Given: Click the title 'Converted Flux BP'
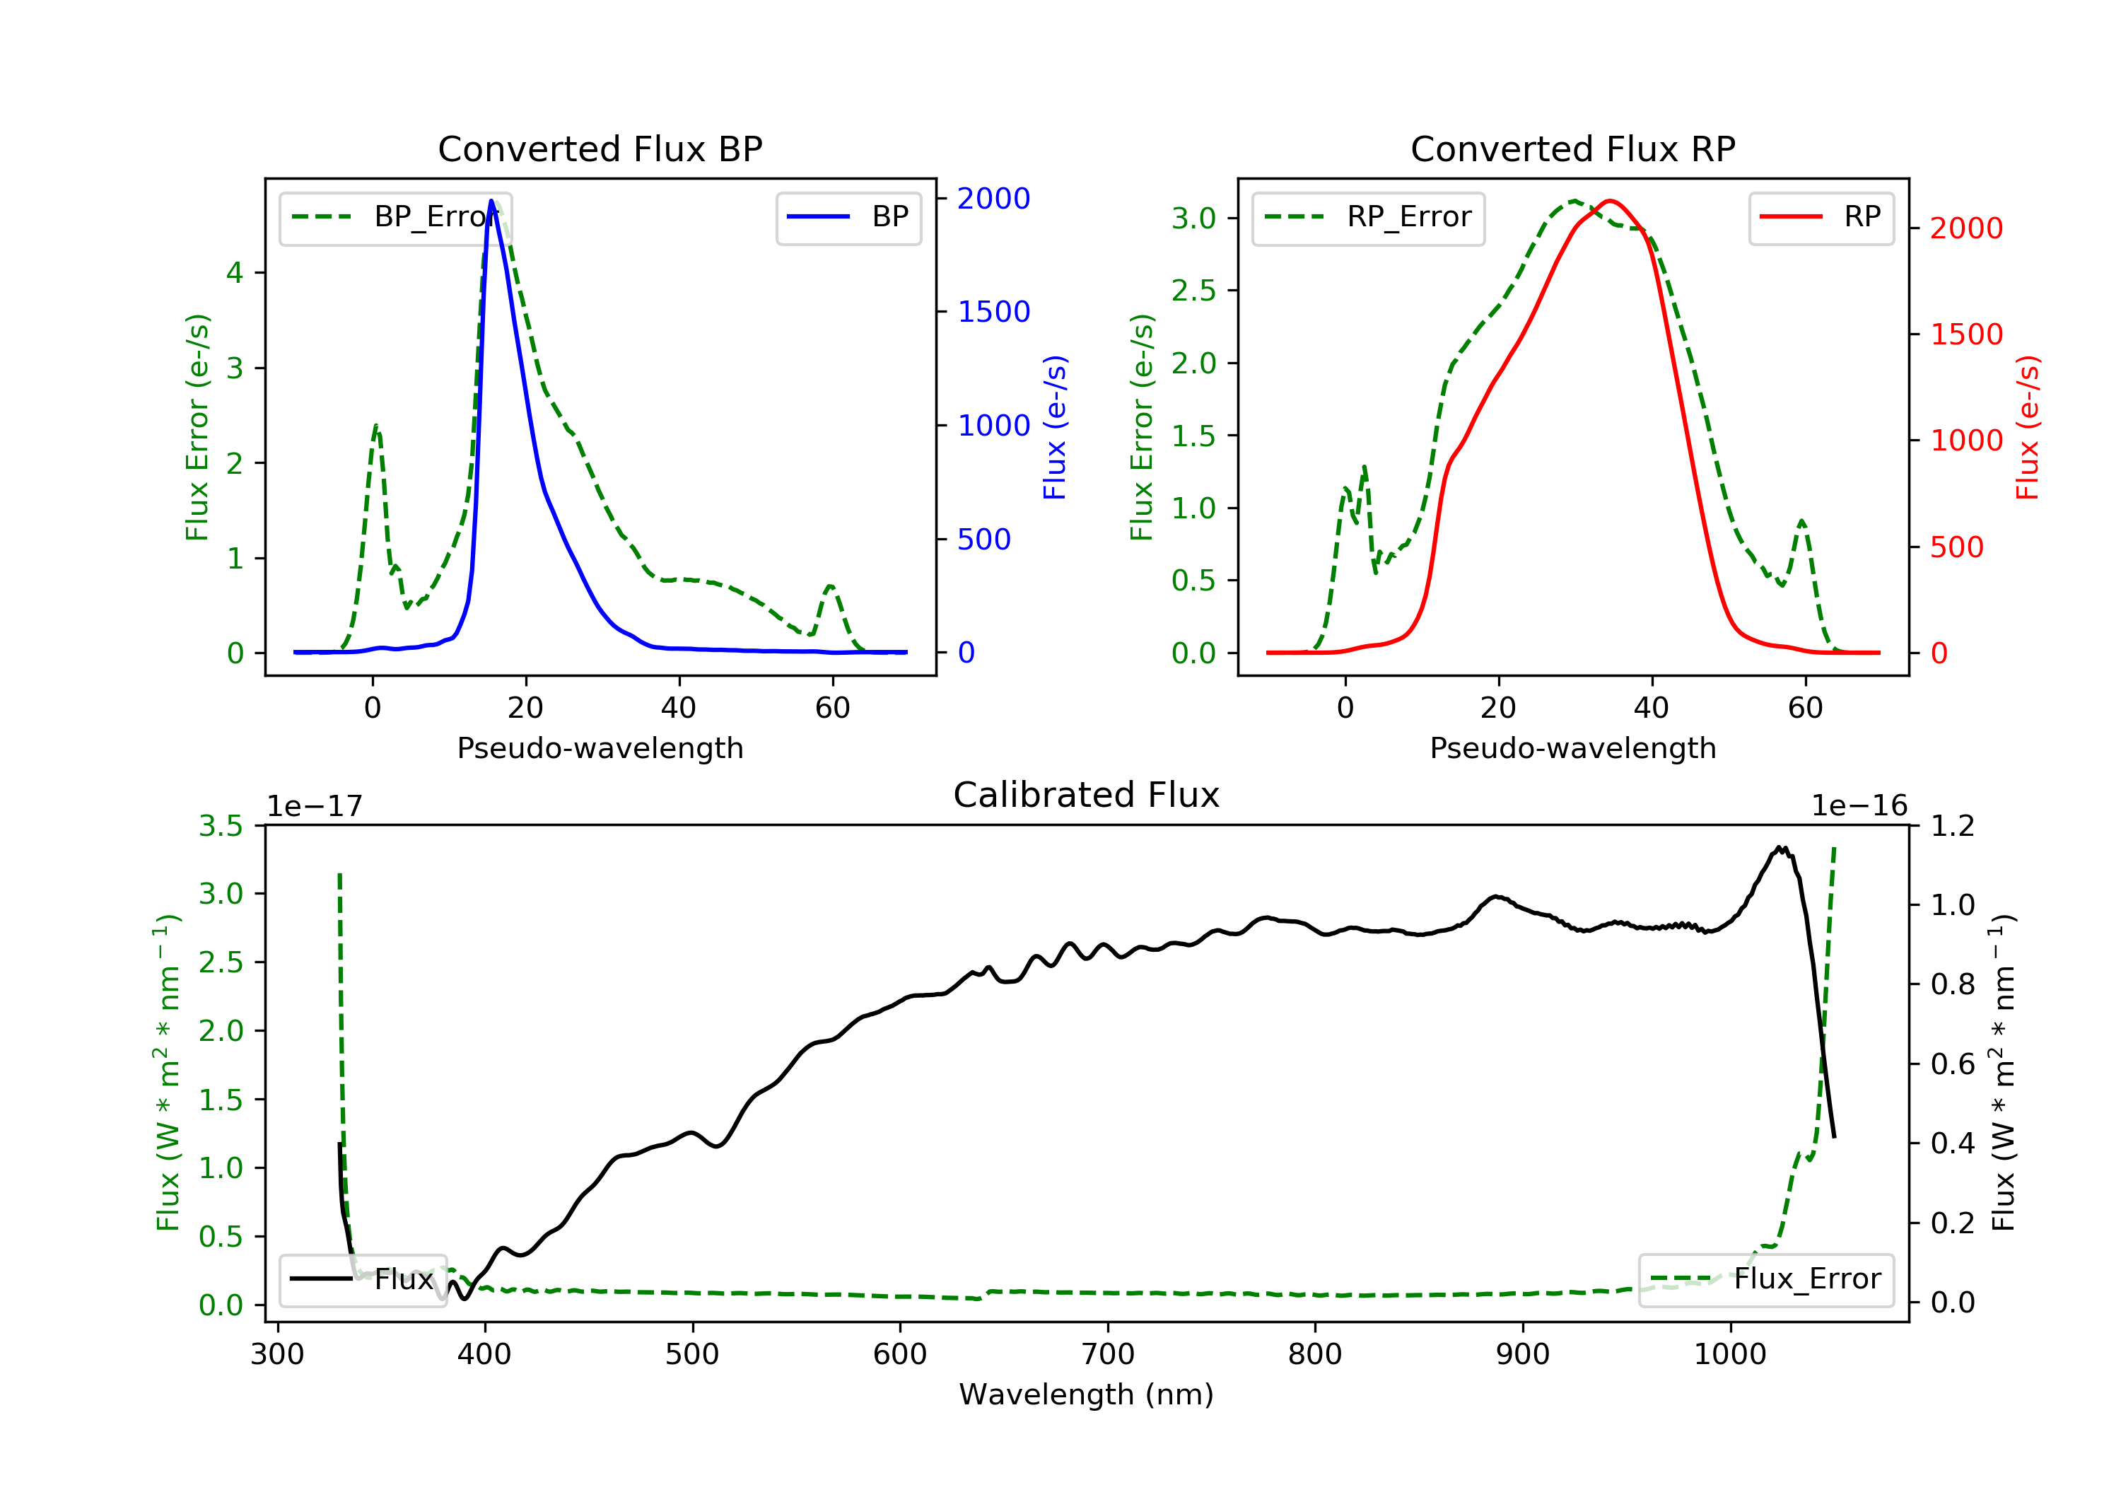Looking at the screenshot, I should tap(600, 148).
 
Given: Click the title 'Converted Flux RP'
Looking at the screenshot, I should tap(1572, 148).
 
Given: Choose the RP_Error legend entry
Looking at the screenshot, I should tap(1368, 217).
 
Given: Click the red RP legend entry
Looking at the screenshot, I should tap(1821, 217).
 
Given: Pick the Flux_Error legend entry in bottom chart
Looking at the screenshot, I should tap(1765, 1279).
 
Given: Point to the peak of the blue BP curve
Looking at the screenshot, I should tap(491, 201).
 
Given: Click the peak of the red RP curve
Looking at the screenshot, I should tap(1610, 201).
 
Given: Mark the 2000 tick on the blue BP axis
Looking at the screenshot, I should tap(993, 198).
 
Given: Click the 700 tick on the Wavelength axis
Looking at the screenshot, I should tap(1108, 1355).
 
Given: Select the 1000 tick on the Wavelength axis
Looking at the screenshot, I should tap(1729, 1355).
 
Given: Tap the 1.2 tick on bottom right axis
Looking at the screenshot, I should tap(1953, 825).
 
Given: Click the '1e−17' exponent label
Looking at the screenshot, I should tap(314, 806).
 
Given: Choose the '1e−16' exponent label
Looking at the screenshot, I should tap(1859, 806).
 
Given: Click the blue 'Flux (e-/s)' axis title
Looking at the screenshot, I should tap(1055, 427).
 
